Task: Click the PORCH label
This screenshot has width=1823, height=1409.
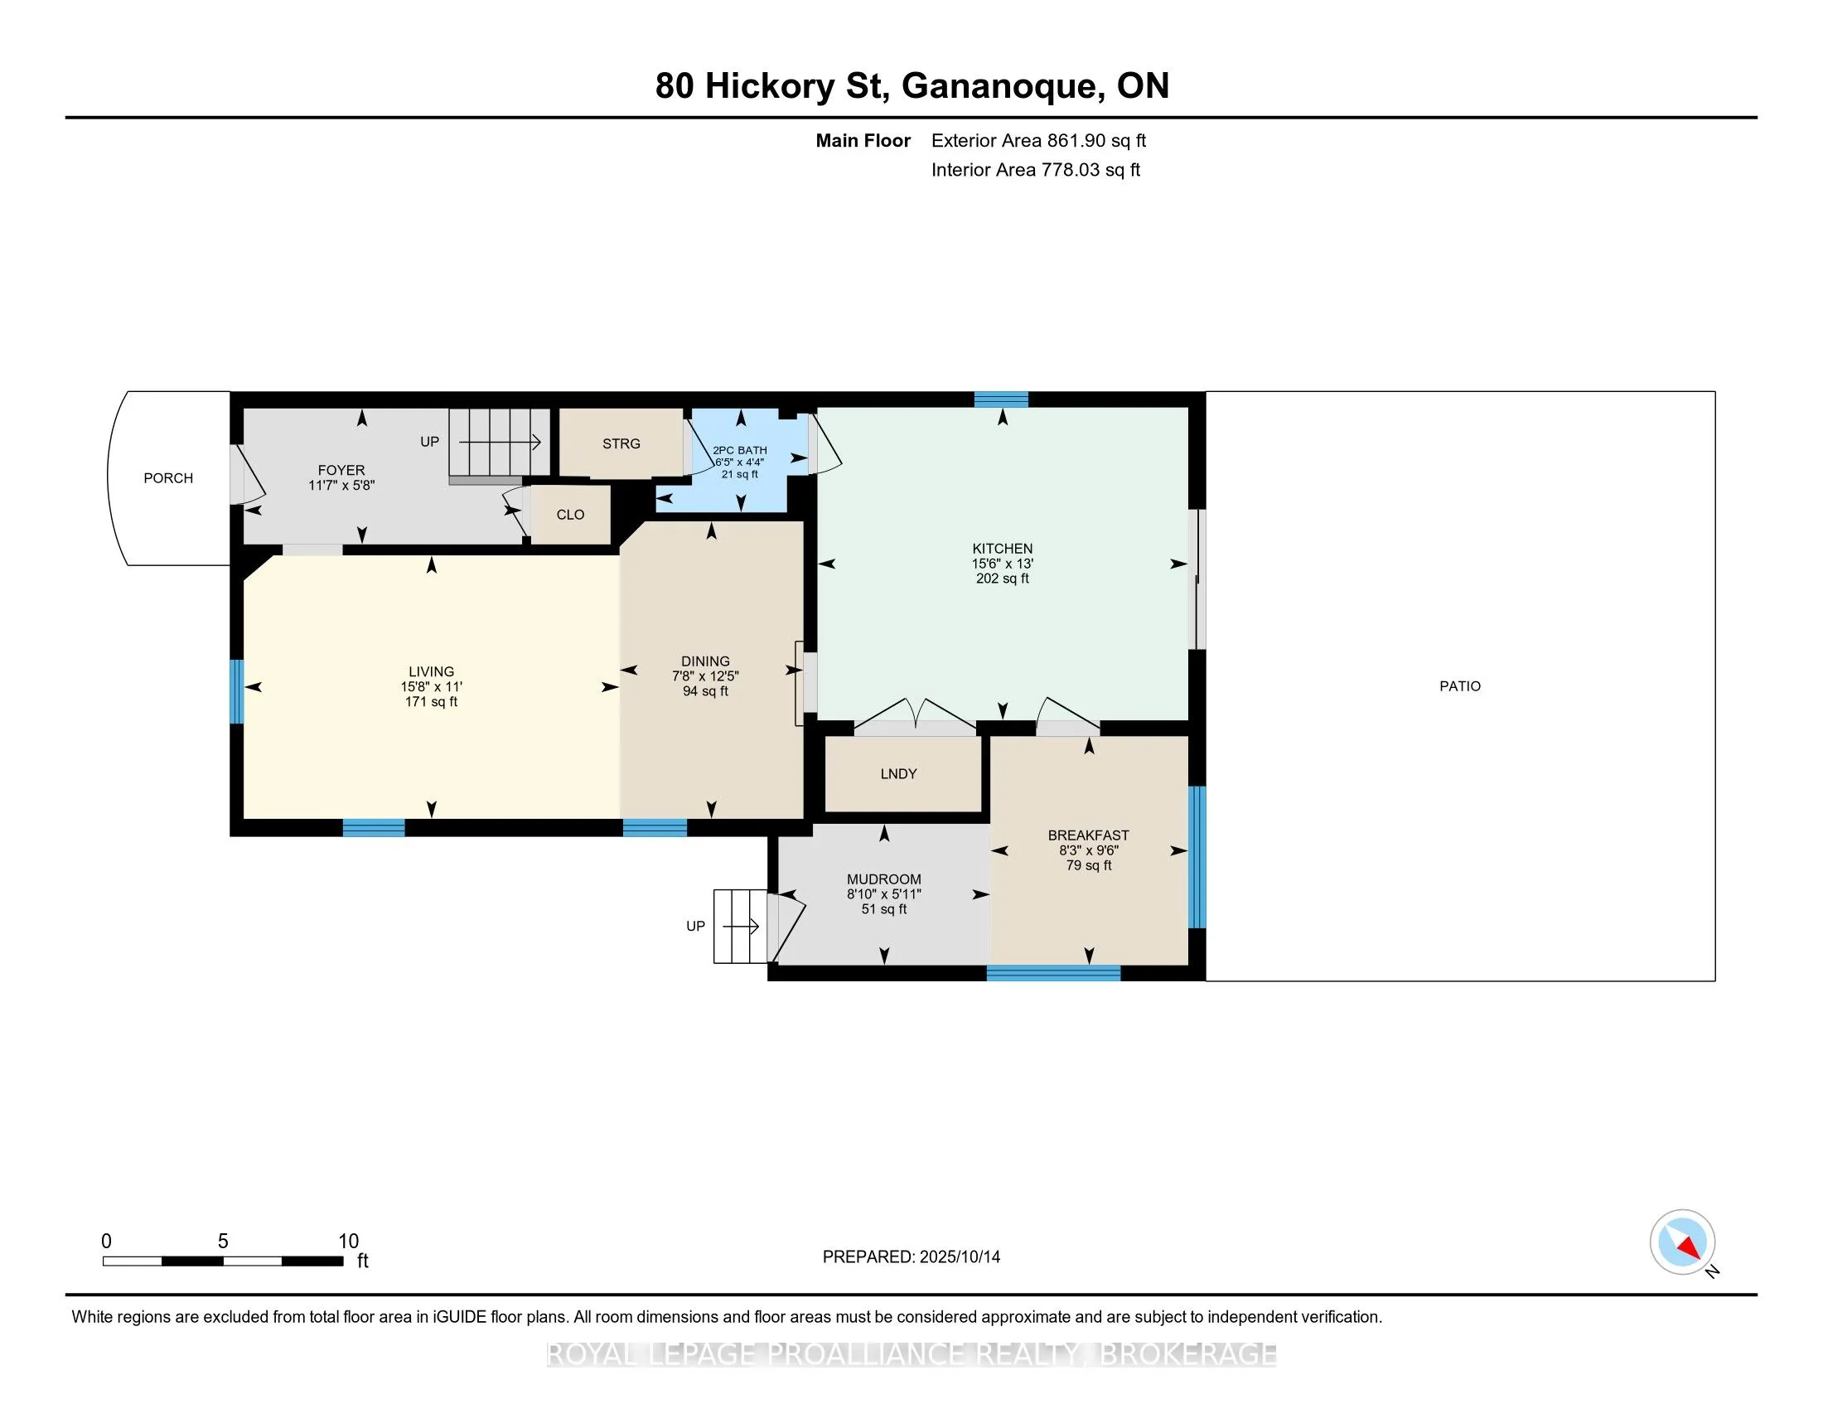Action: pyautogui.click(x=167, y=478)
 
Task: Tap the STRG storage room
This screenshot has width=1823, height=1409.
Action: pyautogui.click(x=621, y=443)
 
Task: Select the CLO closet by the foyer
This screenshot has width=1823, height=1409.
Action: pyautogui.click(x=571, y=514)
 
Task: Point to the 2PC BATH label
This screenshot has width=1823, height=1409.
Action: pyautogui.click(x=739, y=450)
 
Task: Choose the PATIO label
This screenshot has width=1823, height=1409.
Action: pyautogui.click(x=1460, y=686)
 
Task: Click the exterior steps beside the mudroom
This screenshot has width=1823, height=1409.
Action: pyautogui.click(x=739, y=927)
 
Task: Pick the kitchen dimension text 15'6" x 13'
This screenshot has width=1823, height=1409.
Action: pyautogui.click(x=1003, y=564)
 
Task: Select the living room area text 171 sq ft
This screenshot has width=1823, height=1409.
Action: pyautogui.click(x=432, y=702)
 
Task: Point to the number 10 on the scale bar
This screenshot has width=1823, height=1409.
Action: pyautogui.click(x=348, y=1242)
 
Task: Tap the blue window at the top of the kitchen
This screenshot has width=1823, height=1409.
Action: pyautogui.click(x=1002, y=399)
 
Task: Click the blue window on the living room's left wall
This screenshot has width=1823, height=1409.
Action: pyautogui.click(x=237, y=691)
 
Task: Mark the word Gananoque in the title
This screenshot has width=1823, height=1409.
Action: pyautogui.click(x=1000, y=87)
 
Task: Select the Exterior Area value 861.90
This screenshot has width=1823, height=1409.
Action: pyautogui.click(x=1075, y=140)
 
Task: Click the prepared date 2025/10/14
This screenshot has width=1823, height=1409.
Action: pyautogui.click(x=959, y=1257)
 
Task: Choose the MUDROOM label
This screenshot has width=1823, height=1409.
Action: pyautogui.click(x=884, y=879)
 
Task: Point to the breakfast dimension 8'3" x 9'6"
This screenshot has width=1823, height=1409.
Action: pyautogui.click(x=1089, y=850)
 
